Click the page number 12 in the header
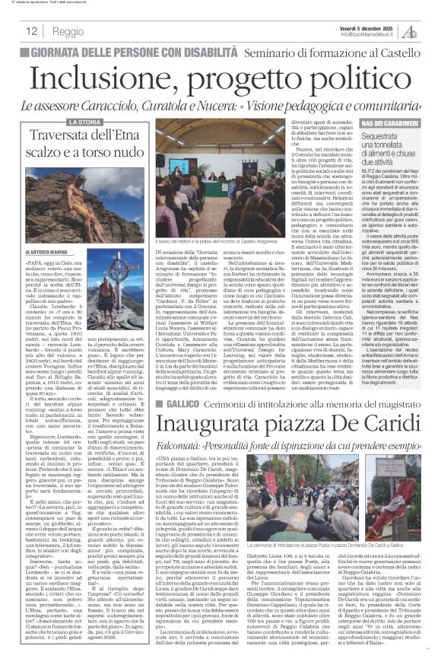coord(32,32)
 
